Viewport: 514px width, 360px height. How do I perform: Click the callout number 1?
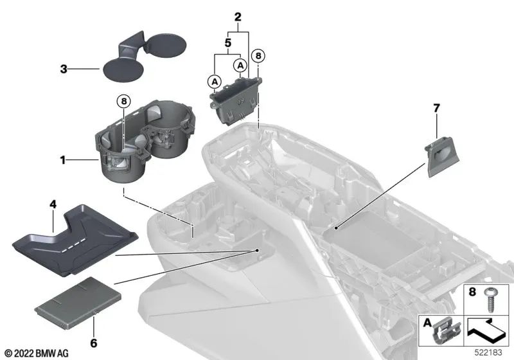tap(62, 160)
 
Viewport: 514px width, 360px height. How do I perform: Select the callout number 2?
tap(238, 17)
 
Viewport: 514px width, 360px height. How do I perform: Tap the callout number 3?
tap(64, 69)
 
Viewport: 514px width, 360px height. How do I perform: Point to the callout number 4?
tap(53, 204)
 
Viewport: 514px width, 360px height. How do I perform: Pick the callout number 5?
tap(228, 42)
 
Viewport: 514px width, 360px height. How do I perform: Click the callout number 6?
tap(94, 343)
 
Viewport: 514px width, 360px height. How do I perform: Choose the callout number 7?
tap(436, 108)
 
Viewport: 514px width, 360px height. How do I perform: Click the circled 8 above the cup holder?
tap(123, 102)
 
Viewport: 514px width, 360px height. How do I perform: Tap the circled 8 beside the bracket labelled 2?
tap(258, 56)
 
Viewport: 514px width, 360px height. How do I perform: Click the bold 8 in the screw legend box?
tap(472, 291)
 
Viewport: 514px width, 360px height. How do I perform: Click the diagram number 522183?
tap(488, 352)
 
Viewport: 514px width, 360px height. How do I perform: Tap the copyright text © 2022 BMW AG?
tap(37, 353)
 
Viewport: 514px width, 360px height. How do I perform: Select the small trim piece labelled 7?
tap(442, 156)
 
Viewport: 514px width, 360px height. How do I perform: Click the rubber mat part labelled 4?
tap(75, 240)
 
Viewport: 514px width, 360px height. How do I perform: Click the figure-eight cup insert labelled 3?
tap(144, 57)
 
